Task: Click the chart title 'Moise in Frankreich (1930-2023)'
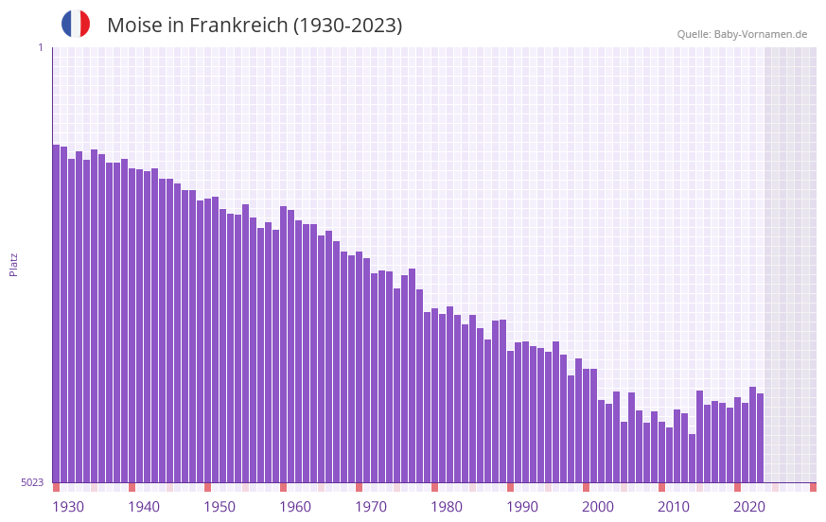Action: click(255, 26)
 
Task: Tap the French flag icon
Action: click(76, 24)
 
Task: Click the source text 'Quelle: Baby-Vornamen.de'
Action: click(742, 34)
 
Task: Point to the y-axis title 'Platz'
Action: click(13, 264)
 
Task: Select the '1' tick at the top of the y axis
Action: click(40, 47)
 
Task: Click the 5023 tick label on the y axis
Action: click(32, 482)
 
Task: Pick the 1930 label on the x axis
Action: click(68, 507)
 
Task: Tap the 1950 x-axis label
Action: click(220, 507)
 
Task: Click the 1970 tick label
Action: click(371, 507)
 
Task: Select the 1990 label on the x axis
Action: click(522, 507)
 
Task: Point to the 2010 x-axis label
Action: click(674, 507)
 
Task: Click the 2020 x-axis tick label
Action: click(749, 507)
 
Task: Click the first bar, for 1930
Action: click(56, 312)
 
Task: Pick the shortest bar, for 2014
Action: click(692, 459)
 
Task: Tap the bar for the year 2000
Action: click(586, 426)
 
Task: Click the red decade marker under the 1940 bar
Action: click(132, 487)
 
